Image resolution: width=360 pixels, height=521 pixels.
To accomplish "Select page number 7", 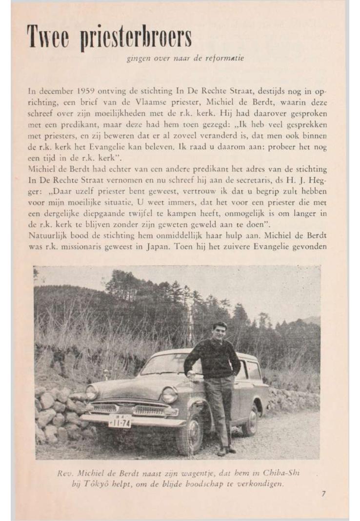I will [x=323, y=493].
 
